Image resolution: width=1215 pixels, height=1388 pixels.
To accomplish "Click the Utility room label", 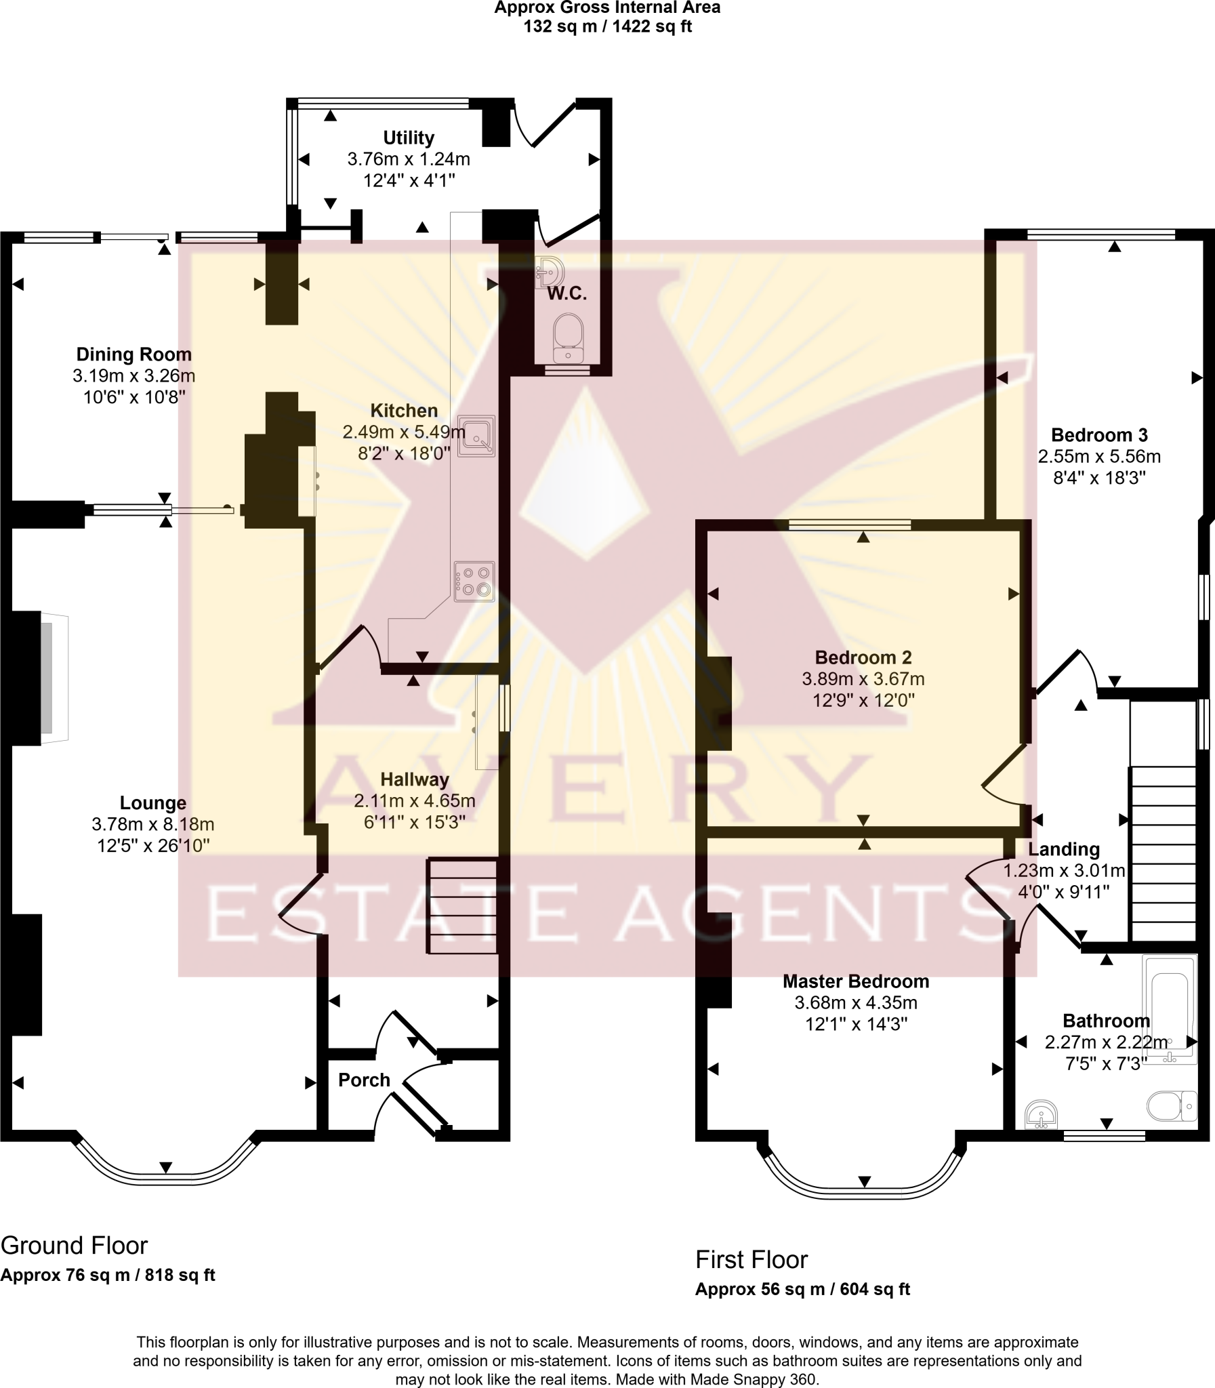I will pos(408,138).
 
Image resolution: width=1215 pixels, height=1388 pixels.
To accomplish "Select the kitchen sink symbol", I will pos(476,435).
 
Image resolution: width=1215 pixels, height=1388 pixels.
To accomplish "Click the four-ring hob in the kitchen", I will pos(474,581).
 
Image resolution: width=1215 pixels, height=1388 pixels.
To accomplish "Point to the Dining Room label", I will pos(133,354).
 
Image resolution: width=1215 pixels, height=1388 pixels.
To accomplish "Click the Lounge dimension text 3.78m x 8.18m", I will pos(152,824).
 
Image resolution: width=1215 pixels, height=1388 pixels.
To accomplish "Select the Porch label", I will pos(364,1080).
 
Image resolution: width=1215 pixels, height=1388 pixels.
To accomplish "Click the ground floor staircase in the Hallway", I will pos(461,906).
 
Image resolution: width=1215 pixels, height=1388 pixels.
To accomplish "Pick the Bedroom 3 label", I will pos(1099,434).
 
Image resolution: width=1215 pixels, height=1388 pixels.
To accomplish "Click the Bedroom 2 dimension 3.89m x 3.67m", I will pos(863,678).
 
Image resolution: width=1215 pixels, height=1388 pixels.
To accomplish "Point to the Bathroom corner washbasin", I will pos(1041,1114).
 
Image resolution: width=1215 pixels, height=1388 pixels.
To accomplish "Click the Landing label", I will pos(1063,849).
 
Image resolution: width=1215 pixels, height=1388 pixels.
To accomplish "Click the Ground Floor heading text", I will pos(74,1245).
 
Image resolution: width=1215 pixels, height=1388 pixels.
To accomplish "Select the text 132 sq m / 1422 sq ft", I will pos(607,27).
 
